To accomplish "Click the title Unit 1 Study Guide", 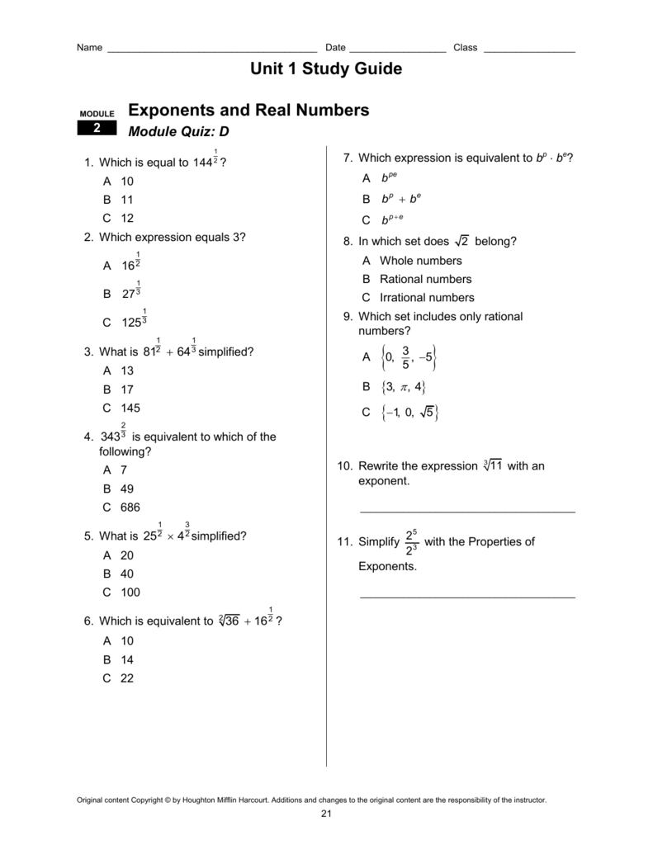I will (326, 69).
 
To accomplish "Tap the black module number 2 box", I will (97, 128).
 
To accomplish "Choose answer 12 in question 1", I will (127, 219).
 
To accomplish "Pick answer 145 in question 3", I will (130, 408).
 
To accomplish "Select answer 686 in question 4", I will (130, 507).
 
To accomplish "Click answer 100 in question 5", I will (130, 592).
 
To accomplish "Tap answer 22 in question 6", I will (127, 678).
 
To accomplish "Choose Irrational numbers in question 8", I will (427, 297).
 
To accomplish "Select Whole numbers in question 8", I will (420, 261).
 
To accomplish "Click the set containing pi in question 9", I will (402, 387).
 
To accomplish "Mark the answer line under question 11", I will (467, 595).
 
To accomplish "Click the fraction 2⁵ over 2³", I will (412, 542).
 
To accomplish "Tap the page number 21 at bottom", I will (326, 814).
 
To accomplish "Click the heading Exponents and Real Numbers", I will (248, 111).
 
